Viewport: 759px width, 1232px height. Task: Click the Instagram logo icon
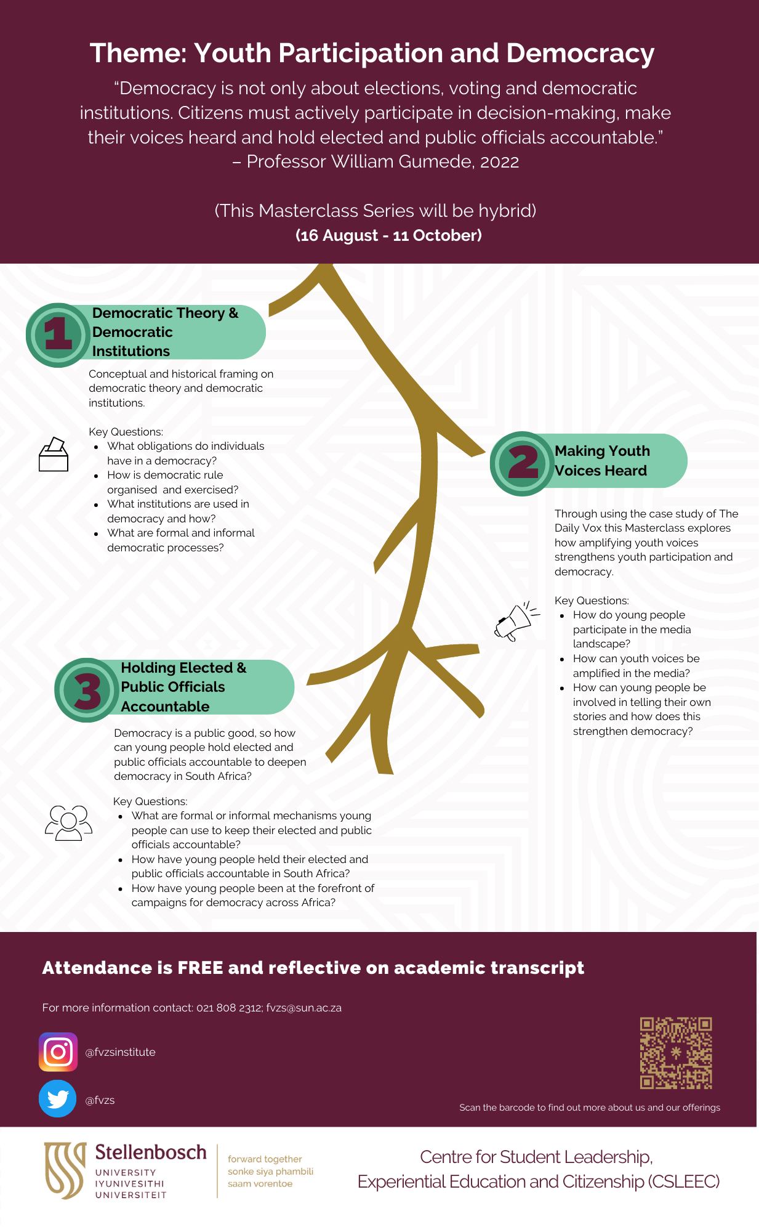tap(58, 1052)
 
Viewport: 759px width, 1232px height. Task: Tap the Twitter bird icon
tap(58, 1099)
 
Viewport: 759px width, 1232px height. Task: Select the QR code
tap(676, 1053)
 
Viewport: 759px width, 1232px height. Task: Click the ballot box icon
tap(54, 455)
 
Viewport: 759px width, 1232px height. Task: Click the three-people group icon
tap(68, 823)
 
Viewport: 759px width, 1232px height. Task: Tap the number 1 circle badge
tap(58, 334)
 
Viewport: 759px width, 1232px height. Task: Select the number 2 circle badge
tap(523, 463)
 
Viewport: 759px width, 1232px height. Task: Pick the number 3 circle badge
tap(87, 690)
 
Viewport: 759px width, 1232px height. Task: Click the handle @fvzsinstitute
tap(120, 1052)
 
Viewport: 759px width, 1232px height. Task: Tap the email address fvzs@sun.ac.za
tap(304, 1008)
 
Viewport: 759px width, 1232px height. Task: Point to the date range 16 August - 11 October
tap(388, 235)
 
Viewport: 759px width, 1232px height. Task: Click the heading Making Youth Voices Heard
tap(601, 461)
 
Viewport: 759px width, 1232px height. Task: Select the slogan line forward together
tap(265, 1159)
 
